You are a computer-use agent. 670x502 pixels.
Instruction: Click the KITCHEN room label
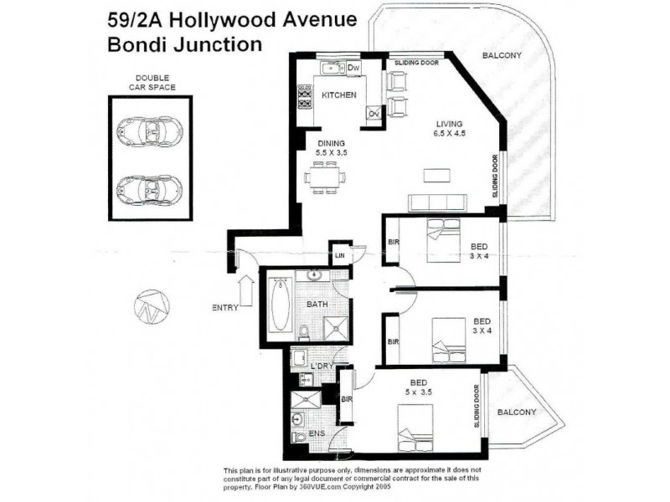click(339, 95)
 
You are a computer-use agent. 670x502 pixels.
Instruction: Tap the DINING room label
click(321, 143)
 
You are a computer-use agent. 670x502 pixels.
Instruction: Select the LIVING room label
click(448, 123)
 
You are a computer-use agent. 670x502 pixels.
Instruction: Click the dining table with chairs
click(322, 177)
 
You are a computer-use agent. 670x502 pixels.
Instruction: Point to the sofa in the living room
click(437, 202)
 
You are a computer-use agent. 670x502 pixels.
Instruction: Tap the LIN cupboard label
click(340, 255)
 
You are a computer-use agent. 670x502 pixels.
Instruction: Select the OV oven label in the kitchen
click(374, 114)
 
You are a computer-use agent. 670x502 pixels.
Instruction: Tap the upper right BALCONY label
click(502, 56)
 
